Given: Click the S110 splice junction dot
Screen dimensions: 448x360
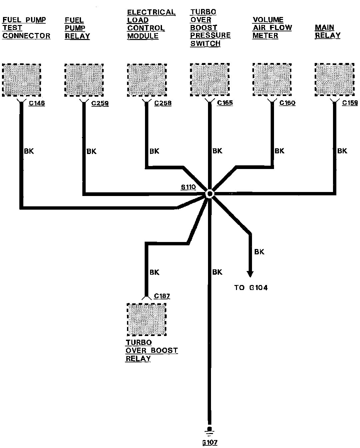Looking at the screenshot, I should pos(209,194).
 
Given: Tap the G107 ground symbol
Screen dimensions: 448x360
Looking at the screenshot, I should pos(209,431).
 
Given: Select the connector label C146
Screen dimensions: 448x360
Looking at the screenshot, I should pos(37,103).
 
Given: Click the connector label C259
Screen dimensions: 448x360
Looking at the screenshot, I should pos(100,103).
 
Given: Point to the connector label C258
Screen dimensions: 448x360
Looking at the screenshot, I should pos(163,103).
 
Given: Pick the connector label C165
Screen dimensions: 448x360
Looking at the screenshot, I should pos(225,103).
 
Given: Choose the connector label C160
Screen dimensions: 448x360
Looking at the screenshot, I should pos(287,103).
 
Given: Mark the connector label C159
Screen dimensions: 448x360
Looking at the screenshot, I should pos(350,103).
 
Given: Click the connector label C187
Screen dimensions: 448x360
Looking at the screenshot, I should pos(162,296).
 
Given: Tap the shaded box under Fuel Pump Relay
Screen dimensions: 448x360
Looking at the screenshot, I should pos(84,80).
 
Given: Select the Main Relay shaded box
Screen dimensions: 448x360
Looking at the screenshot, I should pos(334,80).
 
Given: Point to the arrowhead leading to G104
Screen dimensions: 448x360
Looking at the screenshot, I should pos(250,273).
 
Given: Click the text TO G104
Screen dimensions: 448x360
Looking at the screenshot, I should pos(251,287).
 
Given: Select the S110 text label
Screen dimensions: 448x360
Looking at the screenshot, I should pos(188,187).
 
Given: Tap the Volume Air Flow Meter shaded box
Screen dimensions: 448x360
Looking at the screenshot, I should pos(272,80).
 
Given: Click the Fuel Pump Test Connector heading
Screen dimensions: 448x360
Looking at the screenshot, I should pos(26,28).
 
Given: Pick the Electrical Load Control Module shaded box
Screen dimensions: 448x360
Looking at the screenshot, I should pos(147,80).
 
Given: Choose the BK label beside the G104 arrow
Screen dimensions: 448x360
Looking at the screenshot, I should pos(259,252).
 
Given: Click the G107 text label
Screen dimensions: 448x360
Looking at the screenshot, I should pos(210,443).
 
